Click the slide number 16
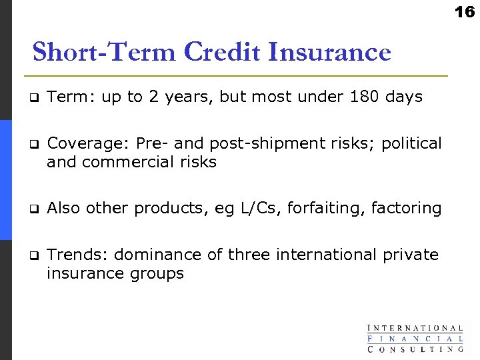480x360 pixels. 465,11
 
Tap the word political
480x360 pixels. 411,144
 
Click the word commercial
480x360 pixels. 131,162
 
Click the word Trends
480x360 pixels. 78,255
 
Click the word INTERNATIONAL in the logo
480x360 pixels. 415,328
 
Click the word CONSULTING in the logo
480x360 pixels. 415,348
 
